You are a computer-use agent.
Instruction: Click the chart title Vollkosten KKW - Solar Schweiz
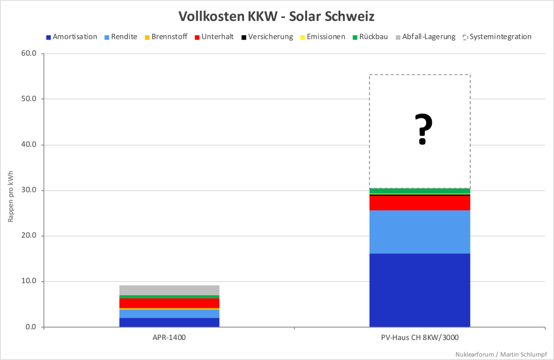click(x=276, y=16)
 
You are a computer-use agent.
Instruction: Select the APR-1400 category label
click(x=169, y=338)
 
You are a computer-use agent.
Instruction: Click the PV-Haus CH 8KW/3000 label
click(x=419, y=338)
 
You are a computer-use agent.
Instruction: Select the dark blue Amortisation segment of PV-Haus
click(x=419, y=290)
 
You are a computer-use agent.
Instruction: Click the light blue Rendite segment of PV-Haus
click(x=419, y=231)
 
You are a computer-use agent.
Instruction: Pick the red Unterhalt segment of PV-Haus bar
click(x=419, y=203)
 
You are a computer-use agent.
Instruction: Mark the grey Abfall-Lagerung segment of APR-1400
click(x=169, y=290)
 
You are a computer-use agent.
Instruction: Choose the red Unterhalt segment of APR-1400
click(x=169, y=303)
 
